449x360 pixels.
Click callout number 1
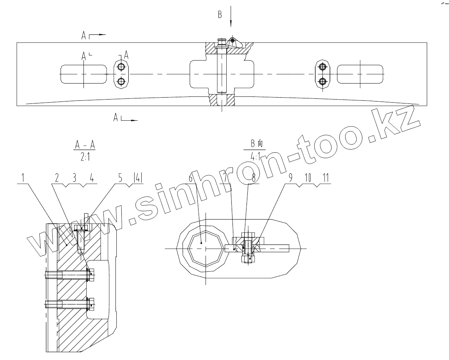(x=23, y=178)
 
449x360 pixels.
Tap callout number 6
(x=191, y=178)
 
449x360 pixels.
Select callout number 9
(x=290, y=178)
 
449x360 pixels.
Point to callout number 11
(x=326, y=178)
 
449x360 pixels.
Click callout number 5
(x=121, y=178)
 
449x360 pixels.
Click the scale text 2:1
(x=85, y=157)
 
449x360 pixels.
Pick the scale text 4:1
(x=255, y=157)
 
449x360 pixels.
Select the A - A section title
(x=85, y=145)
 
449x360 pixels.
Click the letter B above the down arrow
(x=220, y=14)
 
